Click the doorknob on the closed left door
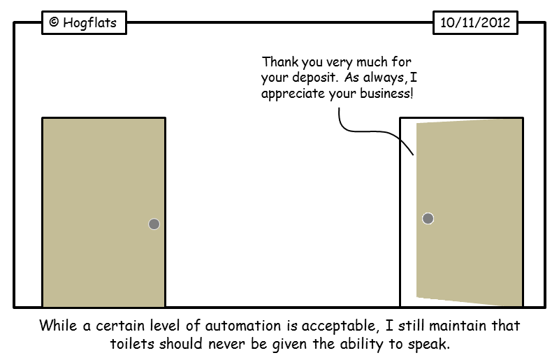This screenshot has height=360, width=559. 154,224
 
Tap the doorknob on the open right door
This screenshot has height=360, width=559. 428,219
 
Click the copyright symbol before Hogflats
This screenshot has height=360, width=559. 54,23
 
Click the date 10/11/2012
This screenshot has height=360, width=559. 475,23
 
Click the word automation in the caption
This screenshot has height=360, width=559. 254,326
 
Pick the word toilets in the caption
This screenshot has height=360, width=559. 133,343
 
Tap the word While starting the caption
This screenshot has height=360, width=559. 57,326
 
